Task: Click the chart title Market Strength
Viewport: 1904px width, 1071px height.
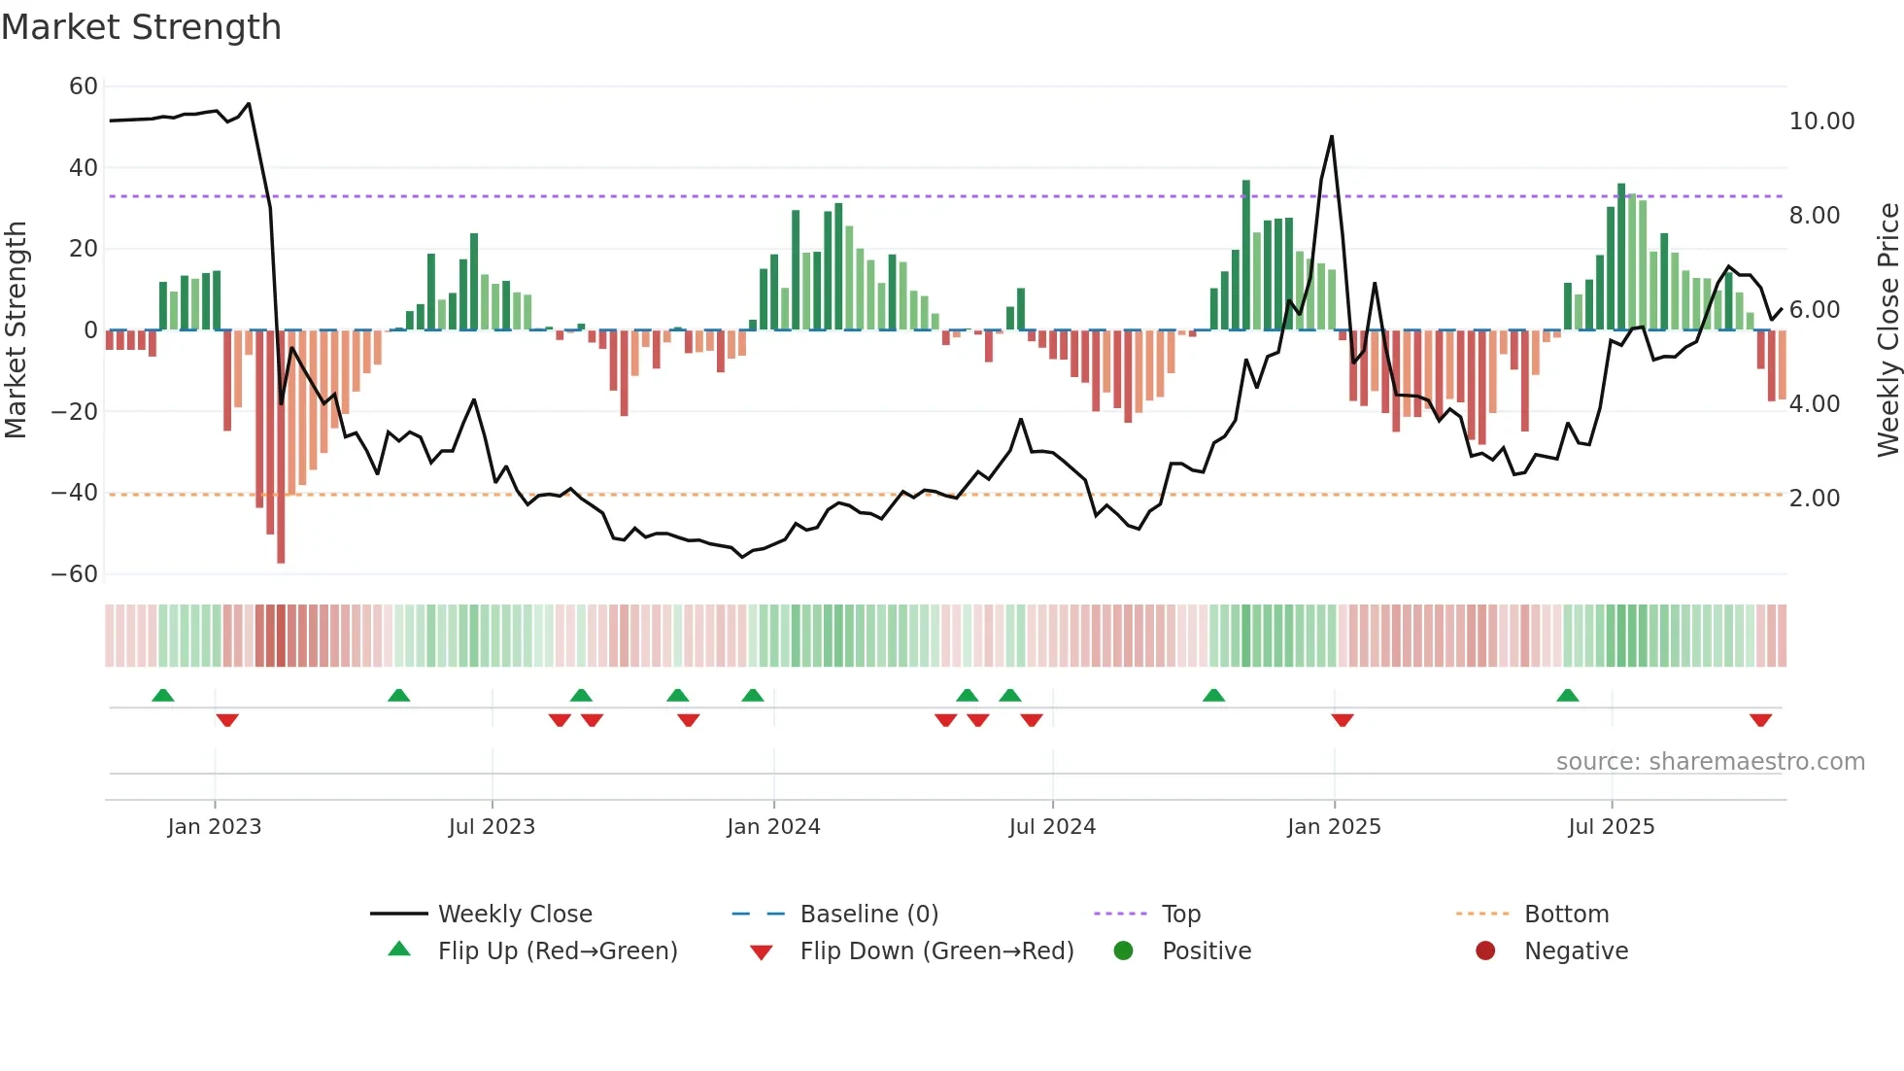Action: click(x=141, y=27)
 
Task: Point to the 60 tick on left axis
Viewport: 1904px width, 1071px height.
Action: click(x=84, y=86)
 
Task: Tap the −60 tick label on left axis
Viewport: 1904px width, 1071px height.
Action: click(x=75, y=574)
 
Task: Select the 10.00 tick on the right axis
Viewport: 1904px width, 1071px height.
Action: click(x=1821, y=121)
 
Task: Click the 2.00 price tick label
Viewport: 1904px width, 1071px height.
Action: click(x=1814, y=499)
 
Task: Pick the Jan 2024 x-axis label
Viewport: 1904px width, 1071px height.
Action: click(x=773, y=827)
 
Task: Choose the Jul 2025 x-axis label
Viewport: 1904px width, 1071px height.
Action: click(x=1611, y=827)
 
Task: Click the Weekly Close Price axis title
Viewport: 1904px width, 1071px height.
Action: click(x=1887, y=330)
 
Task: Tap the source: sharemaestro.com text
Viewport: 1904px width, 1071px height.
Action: click(x=1710, y=762)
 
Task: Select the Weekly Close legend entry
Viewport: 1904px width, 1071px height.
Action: click(x=515, y=915)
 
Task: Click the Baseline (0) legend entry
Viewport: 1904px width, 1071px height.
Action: click(x=868, y=915)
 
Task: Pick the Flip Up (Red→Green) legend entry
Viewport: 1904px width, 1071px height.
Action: click(x=557, y=951)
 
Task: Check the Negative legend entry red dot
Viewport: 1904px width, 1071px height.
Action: click(x=1485, y=951)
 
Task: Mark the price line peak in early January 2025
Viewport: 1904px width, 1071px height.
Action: click(x=1331, y=137)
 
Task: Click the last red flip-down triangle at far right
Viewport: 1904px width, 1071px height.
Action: click(x=1760, y=720)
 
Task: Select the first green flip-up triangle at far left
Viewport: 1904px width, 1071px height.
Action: click(x=163, y=695)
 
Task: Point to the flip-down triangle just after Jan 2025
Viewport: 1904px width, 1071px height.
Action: click(x=1343, y=720)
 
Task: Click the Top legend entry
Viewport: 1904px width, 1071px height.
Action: click(x=1180, y=915)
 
